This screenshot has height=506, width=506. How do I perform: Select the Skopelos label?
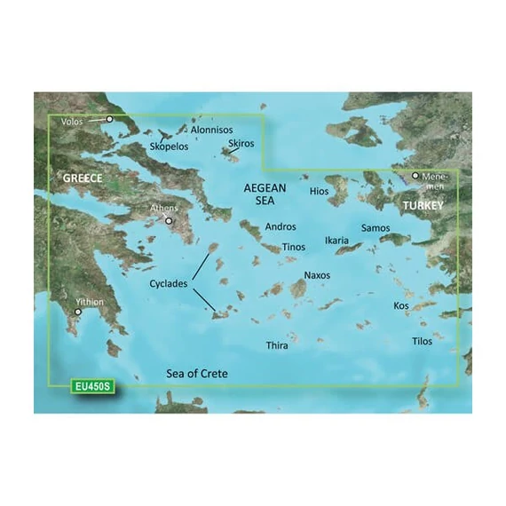tap(170, 146)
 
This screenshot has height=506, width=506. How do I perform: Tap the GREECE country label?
tap(83, 178)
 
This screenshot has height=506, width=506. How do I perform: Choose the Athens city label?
tap(164, 209)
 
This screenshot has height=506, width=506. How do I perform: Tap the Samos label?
tap(376, 228)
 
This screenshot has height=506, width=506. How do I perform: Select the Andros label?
tap(281, 227)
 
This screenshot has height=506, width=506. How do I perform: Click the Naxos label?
tap(317, 276)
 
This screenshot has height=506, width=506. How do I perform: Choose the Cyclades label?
tap(169, 284)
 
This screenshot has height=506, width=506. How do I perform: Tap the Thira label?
tap(277, 345)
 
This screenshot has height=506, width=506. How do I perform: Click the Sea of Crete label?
tap(196, 374)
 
